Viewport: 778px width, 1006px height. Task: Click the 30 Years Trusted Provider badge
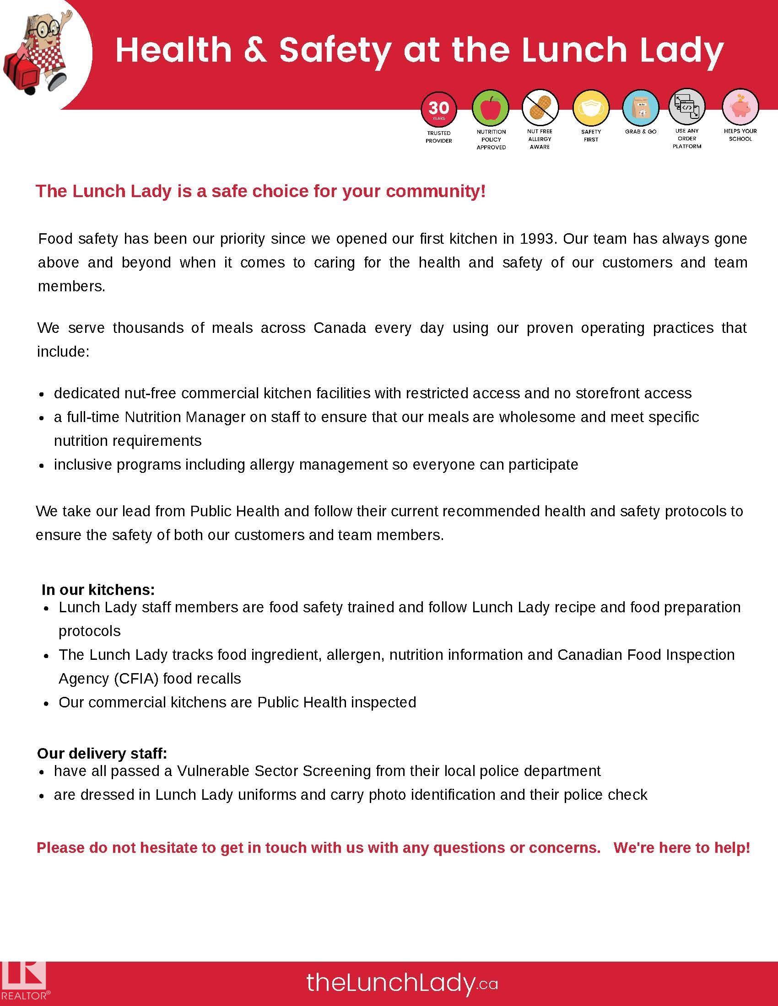tap(438, 109)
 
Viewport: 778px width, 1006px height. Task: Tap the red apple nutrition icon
tap(491, 108)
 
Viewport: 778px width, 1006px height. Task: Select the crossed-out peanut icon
tap(540, 108)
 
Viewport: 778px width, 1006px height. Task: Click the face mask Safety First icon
tap(591, 109)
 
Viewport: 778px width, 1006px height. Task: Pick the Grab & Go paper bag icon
tap(641, 108)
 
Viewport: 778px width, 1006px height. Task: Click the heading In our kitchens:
tap(98, 589)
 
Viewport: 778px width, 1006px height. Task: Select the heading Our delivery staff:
tap(102, 753)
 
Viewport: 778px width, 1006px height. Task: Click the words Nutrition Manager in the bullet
tap(185, 417)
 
